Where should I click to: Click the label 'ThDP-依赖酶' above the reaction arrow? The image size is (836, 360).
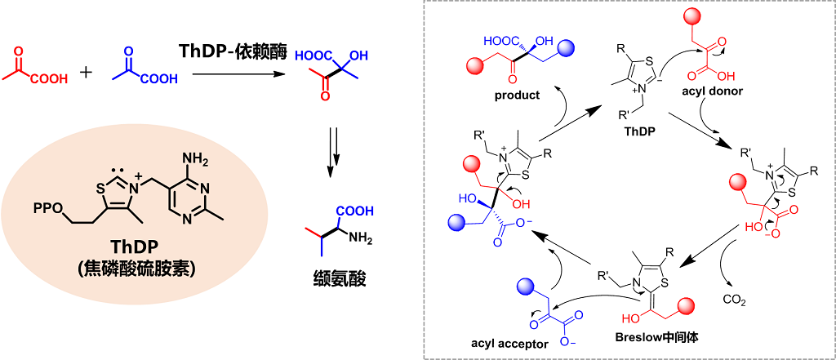click(x=231, y=51)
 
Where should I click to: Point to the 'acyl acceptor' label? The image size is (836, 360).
click(x=511, y=344)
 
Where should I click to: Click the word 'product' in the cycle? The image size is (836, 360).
click(x=517, y=95)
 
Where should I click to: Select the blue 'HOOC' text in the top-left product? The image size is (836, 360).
click(x=499, y=39)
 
